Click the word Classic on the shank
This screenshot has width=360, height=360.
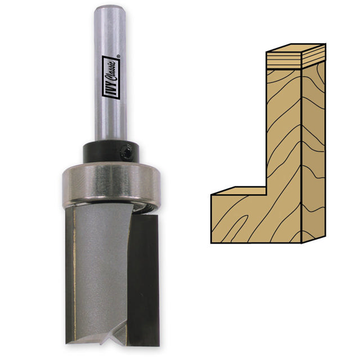pyautogui.click(x=112, y=71)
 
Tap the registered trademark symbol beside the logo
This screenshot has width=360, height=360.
pyautogui.click(x=118, y=56)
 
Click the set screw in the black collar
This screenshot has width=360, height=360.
pyautogui.click(x=126, y=151)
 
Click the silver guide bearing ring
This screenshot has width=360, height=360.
pyautogui.click(x=111, y=184)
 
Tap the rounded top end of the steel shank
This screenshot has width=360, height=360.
pyautogui.click(x=110, y=9)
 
